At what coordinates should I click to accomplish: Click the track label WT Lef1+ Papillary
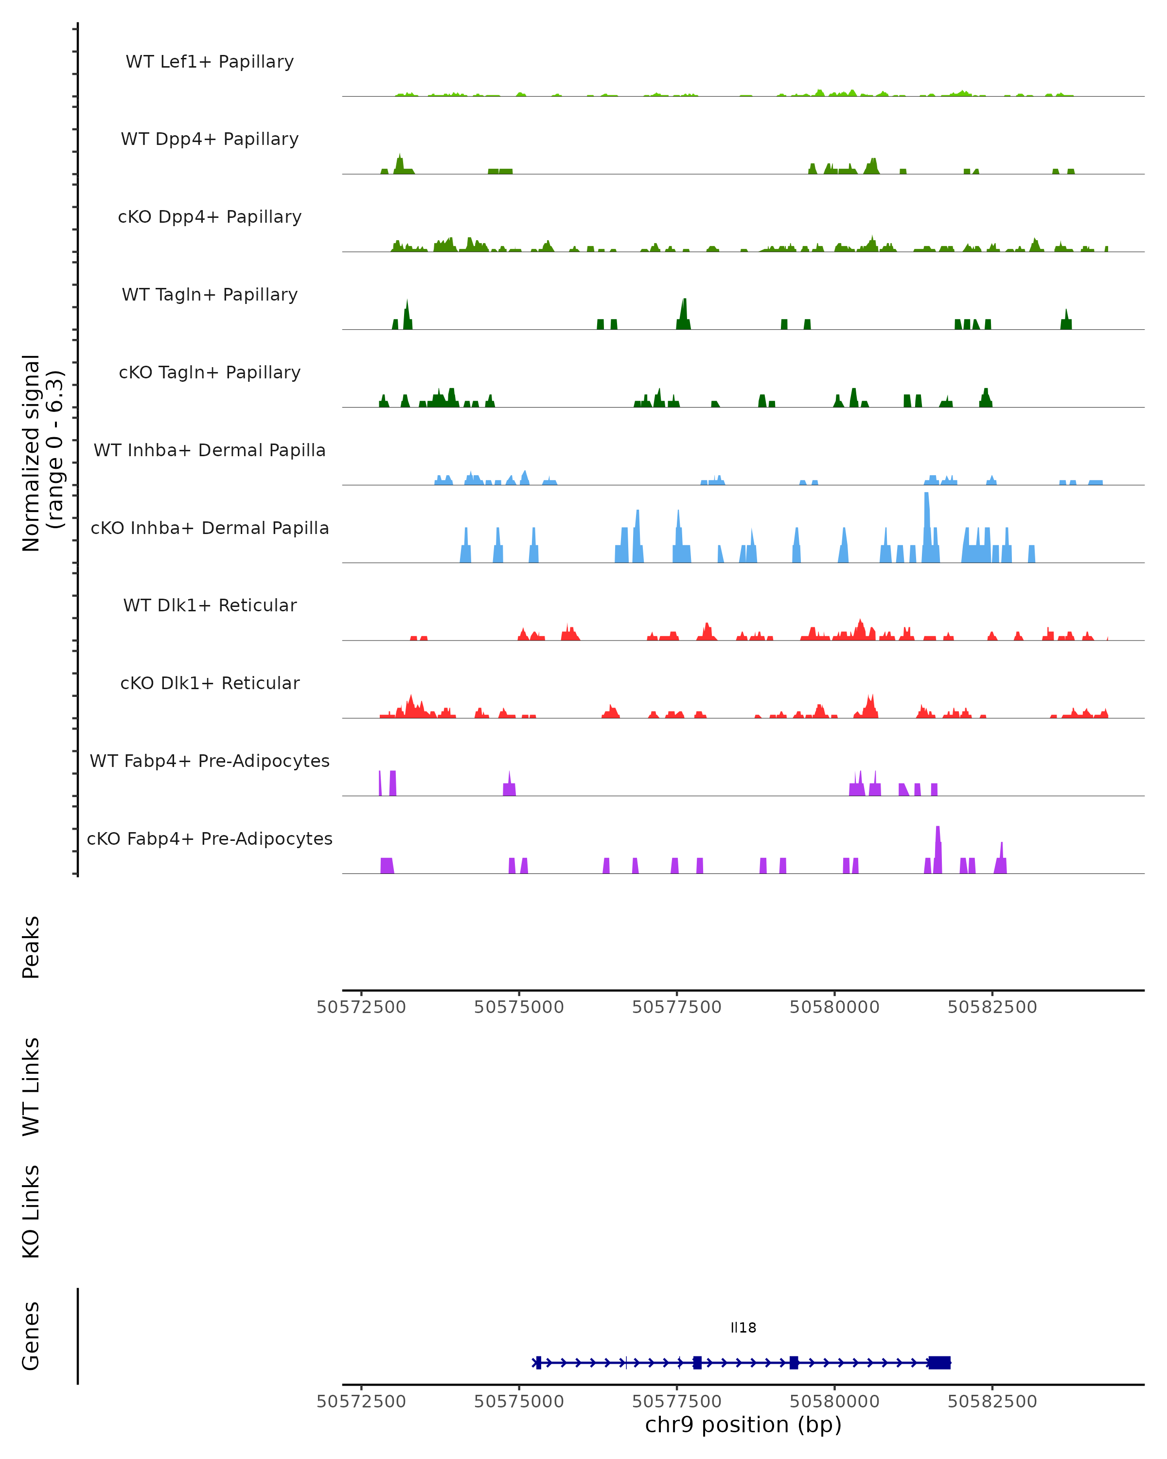click(210, 62)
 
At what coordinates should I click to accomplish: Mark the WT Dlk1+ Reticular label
click(210, 605)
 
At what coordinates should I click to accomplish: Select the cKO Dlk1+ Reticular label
click(210, 683)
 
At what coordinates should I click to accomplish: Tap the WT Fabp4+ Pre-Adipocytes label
click(210, 761)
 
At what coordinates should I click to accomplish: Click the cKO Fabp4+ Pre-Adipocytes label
click(210, 838)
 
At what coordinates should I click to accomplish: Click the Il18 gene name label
click(743, 1328)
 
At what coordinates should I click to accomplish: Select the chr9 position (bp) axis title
click(743, 1425)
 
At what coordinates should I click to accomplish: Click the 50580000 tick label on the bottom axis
click(834, 1402)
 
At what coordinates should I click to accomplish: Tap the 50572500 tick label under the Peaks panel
click(361, 1007)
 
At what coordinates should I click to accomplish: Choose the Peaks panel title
click(31, 947)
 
